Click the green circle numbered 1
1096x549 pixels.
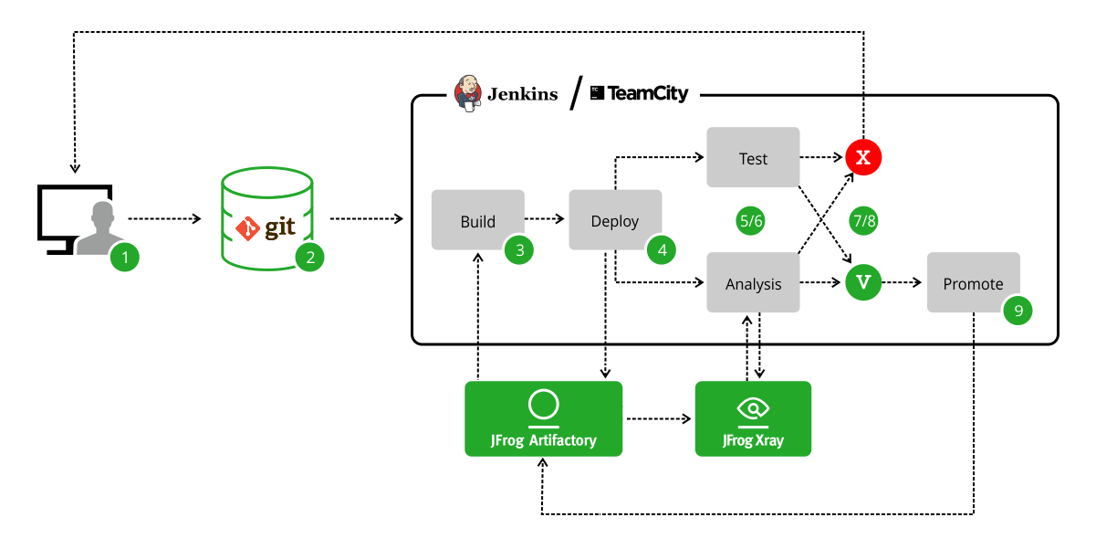pyautogui.click(x=125, y=258)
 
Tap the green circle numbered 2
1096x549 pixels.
pyautogui.click(x=310, y=258)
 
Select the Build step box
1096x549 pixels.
pyautogui.click(x=477, y=220)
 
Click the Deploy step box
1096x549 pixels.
pyautogui.click(x=614, y=220)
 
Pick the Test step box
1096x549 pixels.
pyautogui.click(x=753, y=158)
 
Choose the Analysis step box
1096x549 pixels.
pyautogui.click(x=753, y=283)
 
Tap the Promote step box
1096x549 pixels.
pyautogui.click(x=973, y=283)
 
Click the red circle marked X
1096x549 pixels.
pyautogui.click(x=863, y=157)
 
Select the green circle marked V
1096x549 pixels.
pyautogui.click(x=863, y=283)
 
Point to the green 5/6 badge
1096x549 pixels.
pyautogui.click(x=752, y=220)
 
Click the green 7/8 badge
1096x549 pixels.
pyautogui.click(x=863, y=220)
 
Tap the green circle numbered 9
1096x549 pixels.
pyautogui.click(x=1018, y=311)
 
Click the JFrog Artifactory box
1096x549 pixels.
pyautogui.click(x=543, y=418)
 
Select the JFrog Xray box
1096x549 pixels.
pyautogui.click(x=753, y=418)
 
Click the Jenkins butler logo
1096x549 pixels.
pyautogui.click(x=468, y=93)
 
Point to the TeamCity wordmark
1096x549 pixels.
pyautogui.click(x=640, y=93)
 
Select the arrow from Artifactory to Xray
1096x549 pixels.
pyautogui.click(x=658, y=419)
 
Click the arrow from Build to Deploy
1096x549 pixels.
pyautogui.click(x=546, y=219)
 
